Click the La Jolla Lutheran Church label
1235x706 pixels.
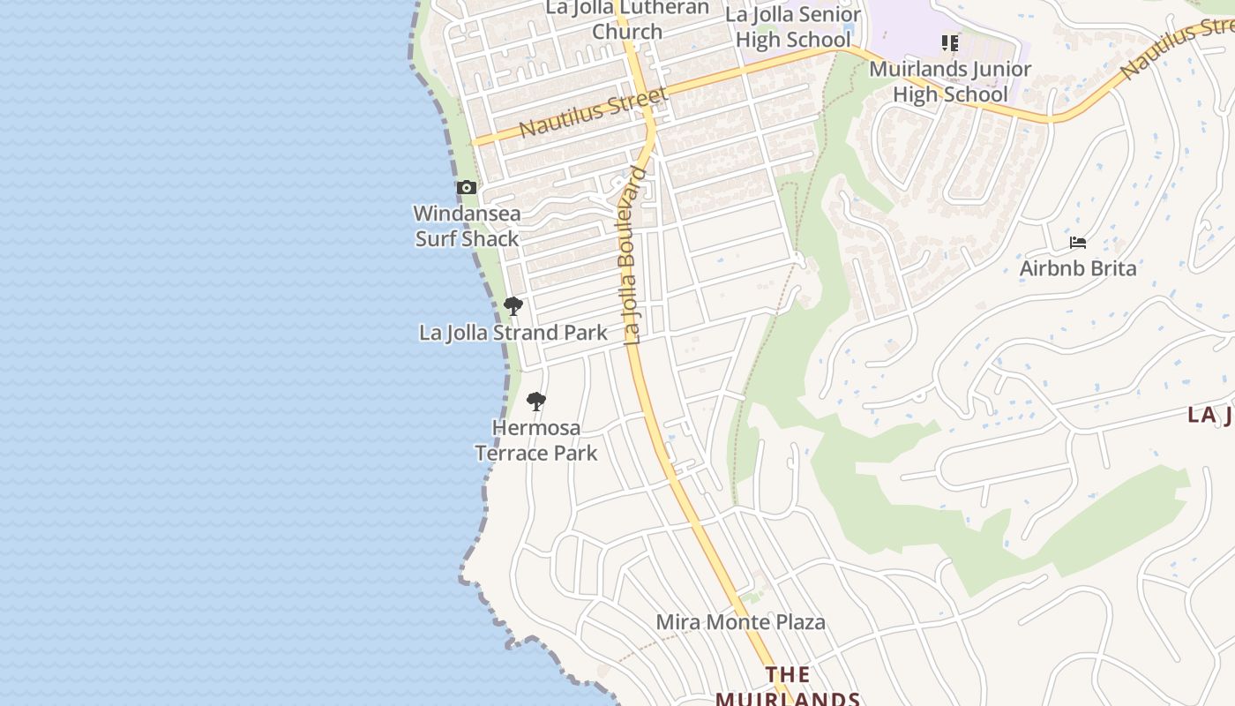[627, 19]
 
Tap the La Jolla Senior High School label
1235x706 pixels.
[792, 27]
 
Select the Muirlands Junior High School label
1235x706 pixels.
[950, 81]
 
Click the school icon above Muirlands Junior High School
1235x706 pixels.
[950, 42]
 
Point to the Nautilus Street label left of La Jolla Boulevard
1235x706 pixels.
[592, 111]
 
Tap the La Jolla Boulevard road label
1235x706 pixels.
[632, 254]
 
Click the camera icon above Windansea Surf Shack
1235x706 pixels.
[467, 187]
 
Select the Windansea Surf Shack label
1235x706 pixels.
[467, 226]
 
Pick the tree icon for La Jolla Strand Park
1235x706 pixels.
[513, 306]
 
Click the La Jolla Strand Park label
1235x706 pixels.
[513, 333]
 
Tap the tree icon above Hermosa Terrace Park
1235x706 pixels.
[536, 402]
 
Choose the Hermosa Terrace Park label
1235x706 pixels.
[536, 440]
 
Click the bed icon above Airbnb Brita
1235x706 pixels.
[1077, 242]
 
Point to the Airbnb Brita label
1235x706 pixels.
[1078, 267]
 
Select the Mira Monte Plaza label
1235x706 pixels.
[740, 622]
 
